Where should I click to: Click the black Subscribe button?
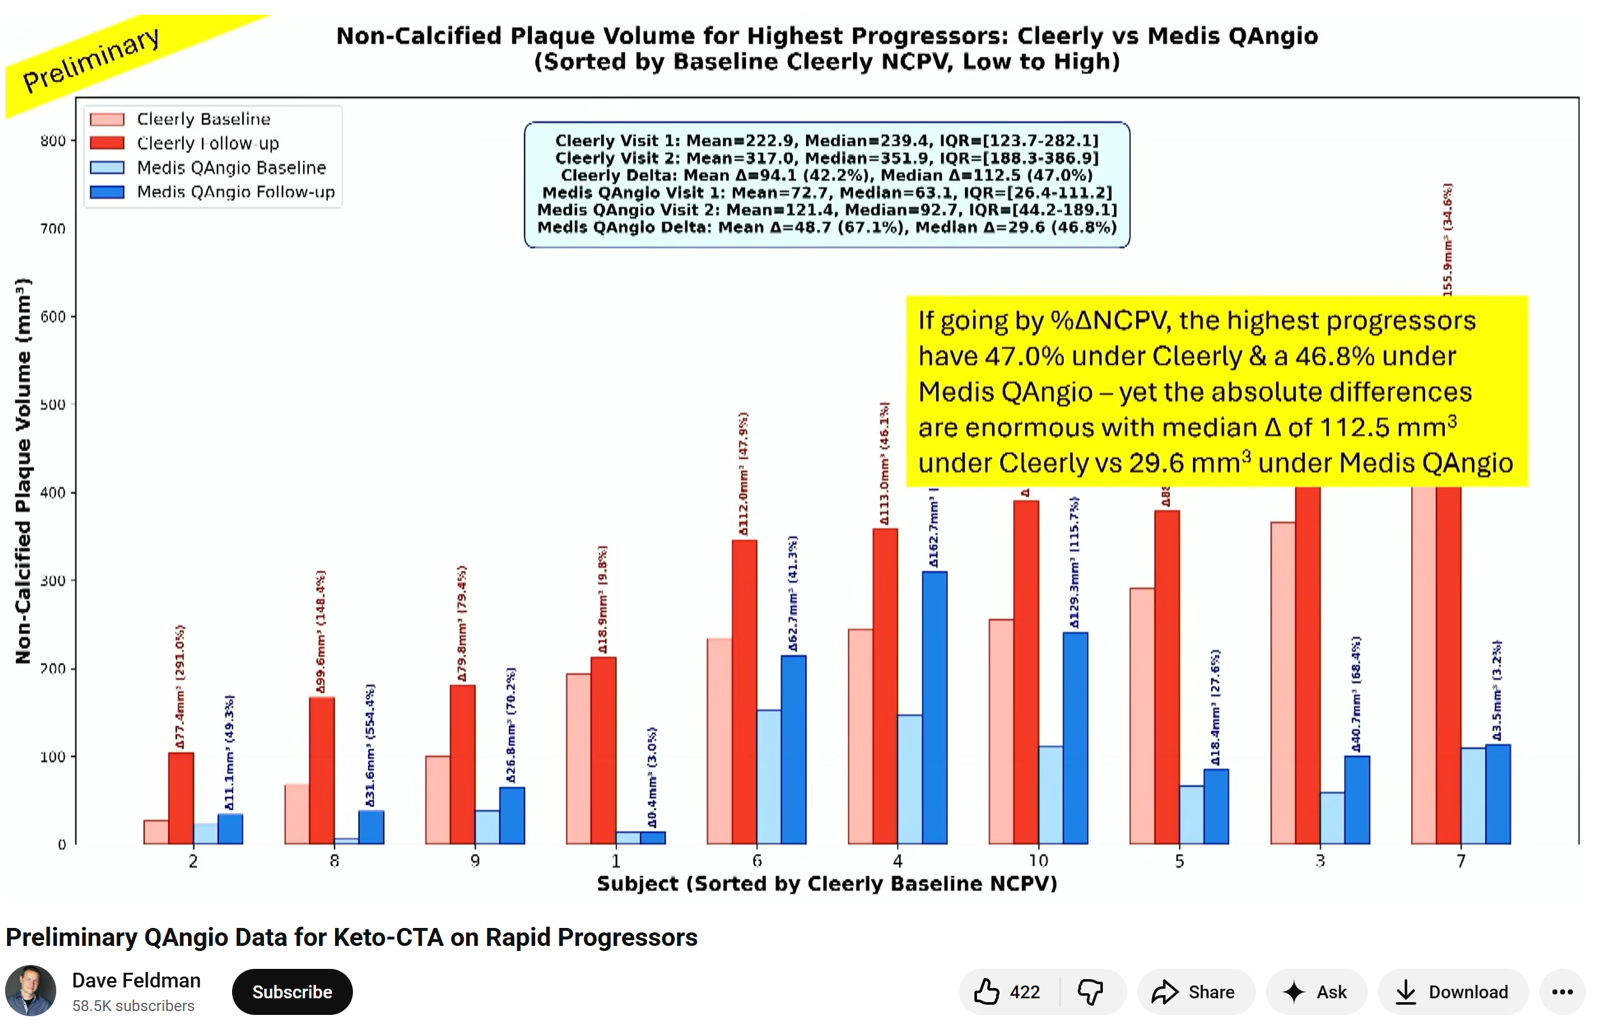pos(292,991)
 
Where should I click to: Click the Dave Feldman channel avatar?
pos(31,990)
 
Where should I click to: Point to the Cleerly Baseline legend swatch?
pos(107,120)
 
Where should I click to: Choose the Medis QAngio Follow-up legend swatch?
pos(107,192)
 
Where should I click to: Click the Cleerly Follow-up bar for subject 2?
pos(181,799)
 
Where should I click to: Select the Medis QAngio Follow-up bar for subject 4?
pos(935,708)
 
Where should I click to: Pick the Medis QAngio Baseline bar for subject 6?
pos(769,777)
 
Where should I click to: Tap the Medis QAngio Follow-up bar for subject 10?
pos(1075,739)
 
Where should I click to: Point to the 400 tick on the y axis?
pos(53,493)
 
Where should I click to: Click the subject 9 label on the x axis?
pos(475,861)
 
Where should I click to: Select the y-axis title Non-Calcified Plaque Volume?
pos(24,471)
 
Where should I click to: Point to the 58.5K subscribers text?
pos(134,1005)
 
